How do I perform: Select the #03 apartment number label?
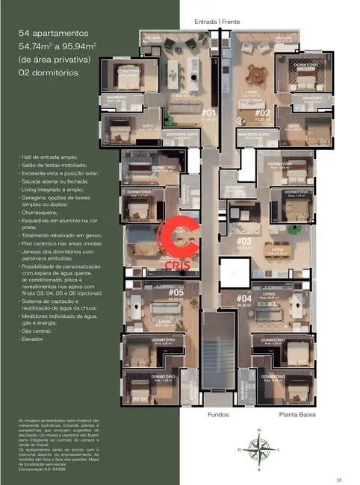point(244,241)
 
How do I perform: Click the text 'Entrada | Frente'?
point(218,22)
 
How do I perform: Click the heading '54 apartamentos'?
point(54,34)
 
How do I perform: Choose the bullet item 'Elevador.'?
point(45,339)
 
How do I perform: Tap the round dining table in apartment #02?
point(258,72)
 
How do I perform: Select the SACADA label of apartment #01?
point(152,36)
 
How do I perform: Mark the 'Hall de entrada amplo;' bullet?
point(59,159)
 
